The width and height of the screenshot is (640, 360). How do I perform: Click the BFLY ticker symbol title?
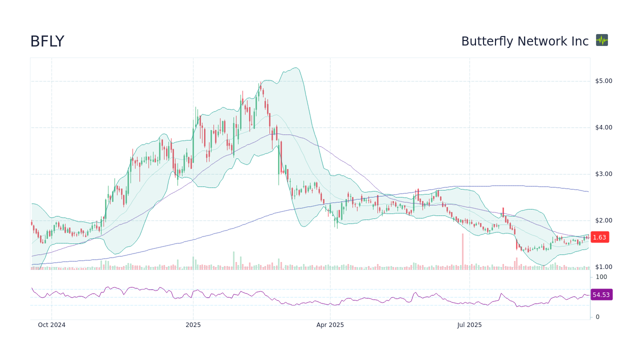[47, 41]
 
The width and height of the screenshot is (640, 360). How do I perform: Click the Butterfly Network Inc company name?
[524, 41]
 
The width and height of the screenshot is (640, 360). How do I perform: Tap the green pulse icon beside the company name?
[602, 40]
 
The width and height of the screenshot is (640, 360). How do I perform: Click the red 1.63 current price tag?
[599, 237]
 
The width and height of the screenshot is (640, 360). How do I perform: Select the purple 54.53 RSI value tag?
[601, 295]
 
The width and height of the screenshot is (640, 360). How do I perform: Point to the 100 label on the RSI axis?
[601, 277]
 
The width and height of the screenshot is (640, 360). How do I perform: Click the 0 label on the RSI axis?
[597, 317]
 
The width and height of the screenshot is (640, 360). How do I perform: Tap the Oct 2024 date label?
[51, 325]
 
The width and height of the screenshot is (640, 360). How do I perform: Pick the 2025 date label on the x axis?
[193, 325]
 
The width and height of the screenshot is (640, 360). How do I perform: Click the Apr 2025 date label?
[330, 325]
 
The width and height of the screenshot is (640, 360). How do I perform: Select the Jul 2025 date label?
[469, 325]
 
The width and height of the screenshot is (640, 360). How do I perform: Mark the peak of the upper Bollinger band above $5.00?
[295, 68]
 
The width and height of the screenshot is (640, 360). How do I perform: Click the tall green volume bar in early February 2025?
[233, 260]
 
